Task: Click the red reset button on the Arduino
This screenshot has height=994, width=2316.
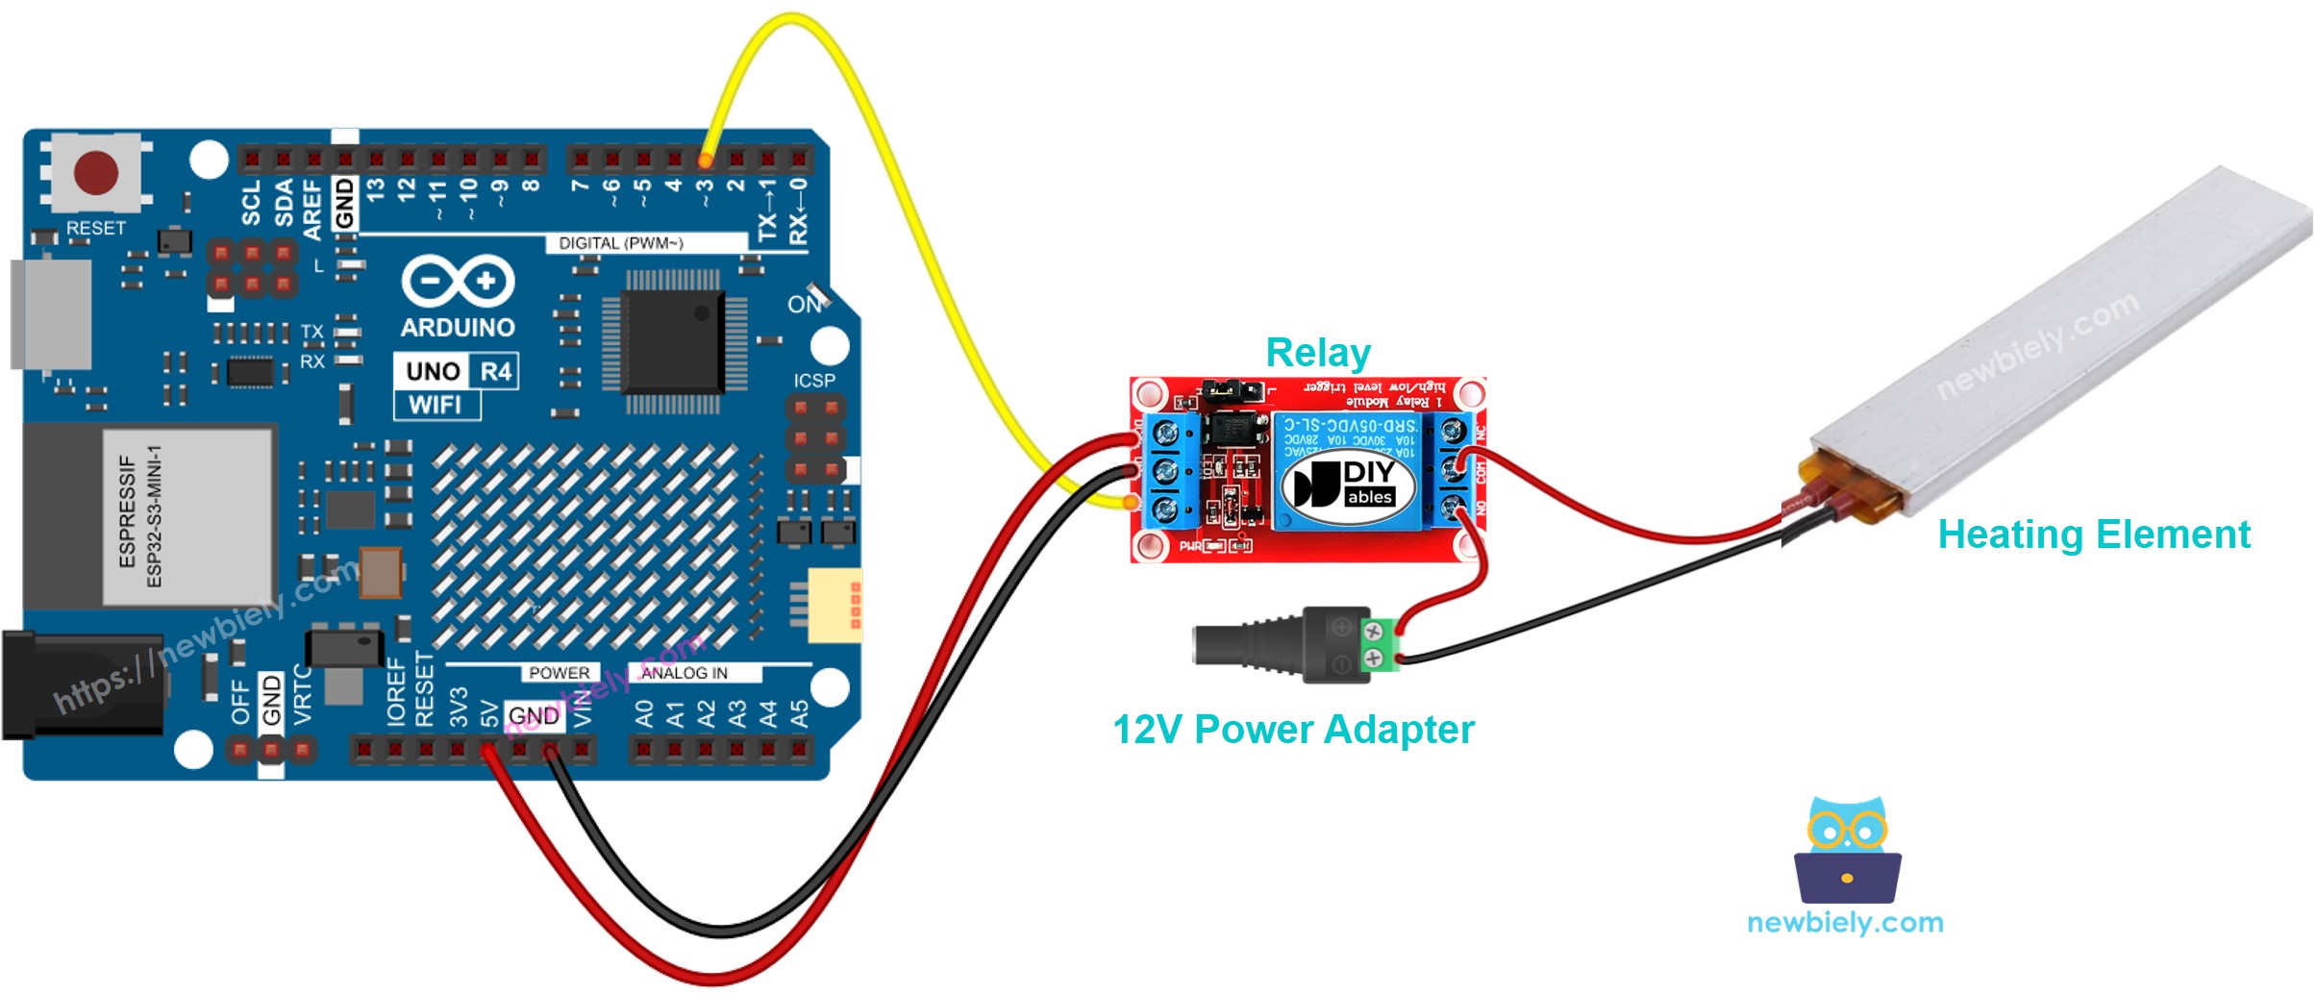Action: (x=95, y=173)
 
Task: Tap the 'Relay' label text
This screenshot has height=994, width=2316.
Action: (x=1317, y=353)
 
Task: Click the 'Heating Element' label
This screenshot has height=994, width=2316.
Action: (x=2093, y=534)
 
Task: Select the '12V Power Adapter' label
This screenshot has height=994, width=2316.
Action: (x=1292, y=730)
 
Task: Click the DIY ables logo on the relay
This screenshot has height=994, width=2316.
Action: (x=1349, y=485)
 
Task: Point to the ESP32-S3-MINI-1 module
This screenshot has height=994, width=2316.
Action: (x=187, y=516)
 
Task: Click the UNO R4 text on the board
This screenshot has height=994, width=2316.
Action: (x=457, y=371)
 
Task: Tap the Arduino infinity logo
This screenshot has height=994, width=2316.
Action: (x=458, y=282)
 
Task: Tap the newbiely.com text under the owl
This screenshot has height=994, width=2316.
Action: (x=1844, y=923)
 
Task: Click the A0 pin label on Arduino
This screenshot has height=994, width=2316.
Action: (x=644, y=713)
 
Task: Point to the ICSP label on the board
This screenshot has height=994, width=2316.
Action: (x=813, y=381)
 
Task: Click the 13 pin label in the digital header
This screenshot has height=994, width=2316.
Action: (x=376, y=189)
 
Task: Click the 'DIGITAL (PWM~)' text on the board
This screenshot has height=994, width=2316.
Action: (x=620, y=243)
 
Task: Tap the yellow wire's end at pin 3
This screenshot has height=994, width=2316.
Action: (x=706, y=160)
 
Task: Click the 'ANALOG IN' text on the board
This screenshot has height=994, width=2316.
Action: (x=684, y=673)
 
